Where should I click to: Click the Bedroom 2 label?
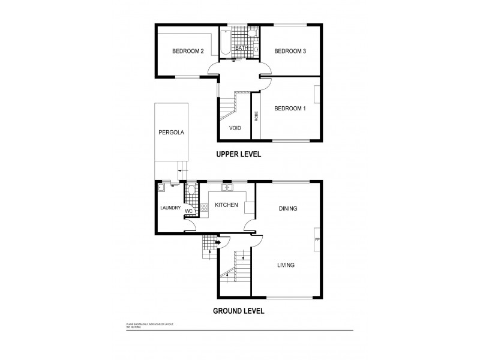point(188,52)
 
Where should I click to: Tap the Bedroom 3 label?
point(290,52)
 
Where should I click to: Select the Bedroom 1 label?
point(290,109)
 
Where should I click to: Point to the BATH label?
point(242,48)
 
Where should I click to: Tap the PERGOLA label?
point(170,131)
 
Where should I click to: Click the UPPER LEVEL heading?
point(239,154)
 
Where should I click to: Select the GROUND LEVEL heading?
point(239,311)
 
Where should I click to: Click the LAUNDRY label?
point(170,208)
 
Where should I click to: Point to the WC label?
point(188,211)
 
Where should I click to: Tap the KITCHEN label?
point(226,205)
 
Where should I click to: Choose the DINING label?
point(288,209)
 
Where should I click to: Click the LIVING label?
point(286,265)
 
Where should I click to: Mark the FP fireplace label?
point(316,240)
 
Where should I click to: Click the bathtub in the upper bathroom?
point(225,42)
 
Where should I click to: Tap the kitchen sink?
point(227,188)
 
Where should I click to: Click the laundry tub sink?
point(162,188)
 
